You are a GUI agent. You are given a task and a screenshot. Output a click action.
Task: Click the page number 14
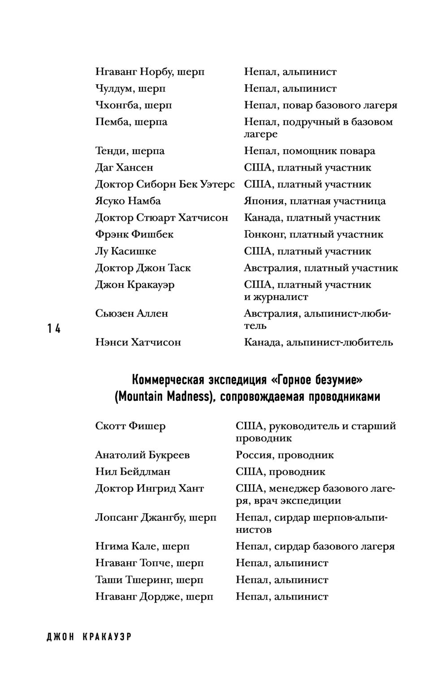(x=53, y=329)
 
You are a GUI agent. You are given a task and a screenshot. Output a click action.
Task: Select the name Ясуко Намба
(x=128, y=201)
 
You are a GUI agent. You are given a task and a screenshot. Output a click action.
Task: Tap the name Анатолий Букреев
(x=142, y=455)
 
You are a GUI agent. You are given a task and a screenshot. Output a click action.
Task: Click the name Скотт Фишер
(x=130, y=426)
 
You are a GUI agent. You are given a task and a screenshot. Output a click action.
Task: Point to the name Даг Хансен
(x=124, y=167)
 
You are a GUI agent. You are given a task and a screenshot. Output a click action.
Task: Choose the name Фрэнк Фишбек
(x=134, y=234)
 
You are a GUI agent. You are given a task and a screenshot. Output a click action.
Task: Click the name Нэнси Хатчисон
(x=138, y=343)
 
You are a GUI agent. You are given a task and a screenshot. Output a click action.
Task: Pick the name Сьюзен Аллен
(x=131, y=313)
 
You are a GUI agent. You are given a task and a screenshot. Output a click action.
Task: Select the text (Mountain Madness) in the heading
(x=163, y=397)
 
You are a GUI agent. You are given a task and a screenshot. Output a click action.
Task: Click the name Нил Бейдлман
(x=133, y=472)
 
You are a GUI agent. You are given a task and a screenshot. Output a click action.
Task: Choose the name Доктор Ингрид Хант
(x=150, y=489)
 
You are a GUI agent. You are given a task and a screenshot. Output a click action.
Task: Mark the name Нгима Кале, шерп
(x=142, y=546)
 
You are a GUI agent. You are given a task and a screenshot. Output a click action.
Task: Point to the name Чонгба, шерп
(x=134, y=106)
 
